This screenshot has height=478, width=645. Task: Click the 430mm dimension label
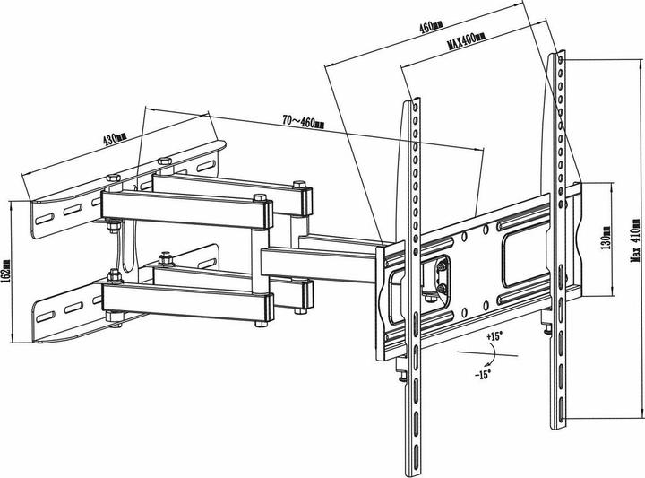115,139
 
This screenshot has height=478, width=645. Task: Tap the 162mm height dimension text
6,271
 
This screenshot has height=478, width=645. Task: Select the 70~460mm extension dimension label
303,121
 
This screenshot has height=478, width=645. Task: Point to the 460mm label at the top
431,27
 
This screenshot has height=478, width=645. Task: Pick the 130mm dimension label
606,238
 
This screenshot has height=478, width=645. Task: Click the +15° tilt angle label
494,336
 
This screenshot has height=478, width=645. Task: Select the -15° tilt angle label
483,375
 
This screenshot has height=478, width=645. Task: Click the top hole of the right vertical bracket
560,60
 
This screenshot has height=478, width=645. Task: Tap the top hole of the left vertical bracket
415,108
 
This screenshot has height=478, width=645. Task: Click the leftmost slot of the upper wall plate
45,218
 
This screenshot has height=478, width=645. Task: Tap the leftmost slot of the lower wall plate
45,317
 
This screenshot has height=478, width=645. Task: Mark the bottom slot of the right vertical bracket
561,409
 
